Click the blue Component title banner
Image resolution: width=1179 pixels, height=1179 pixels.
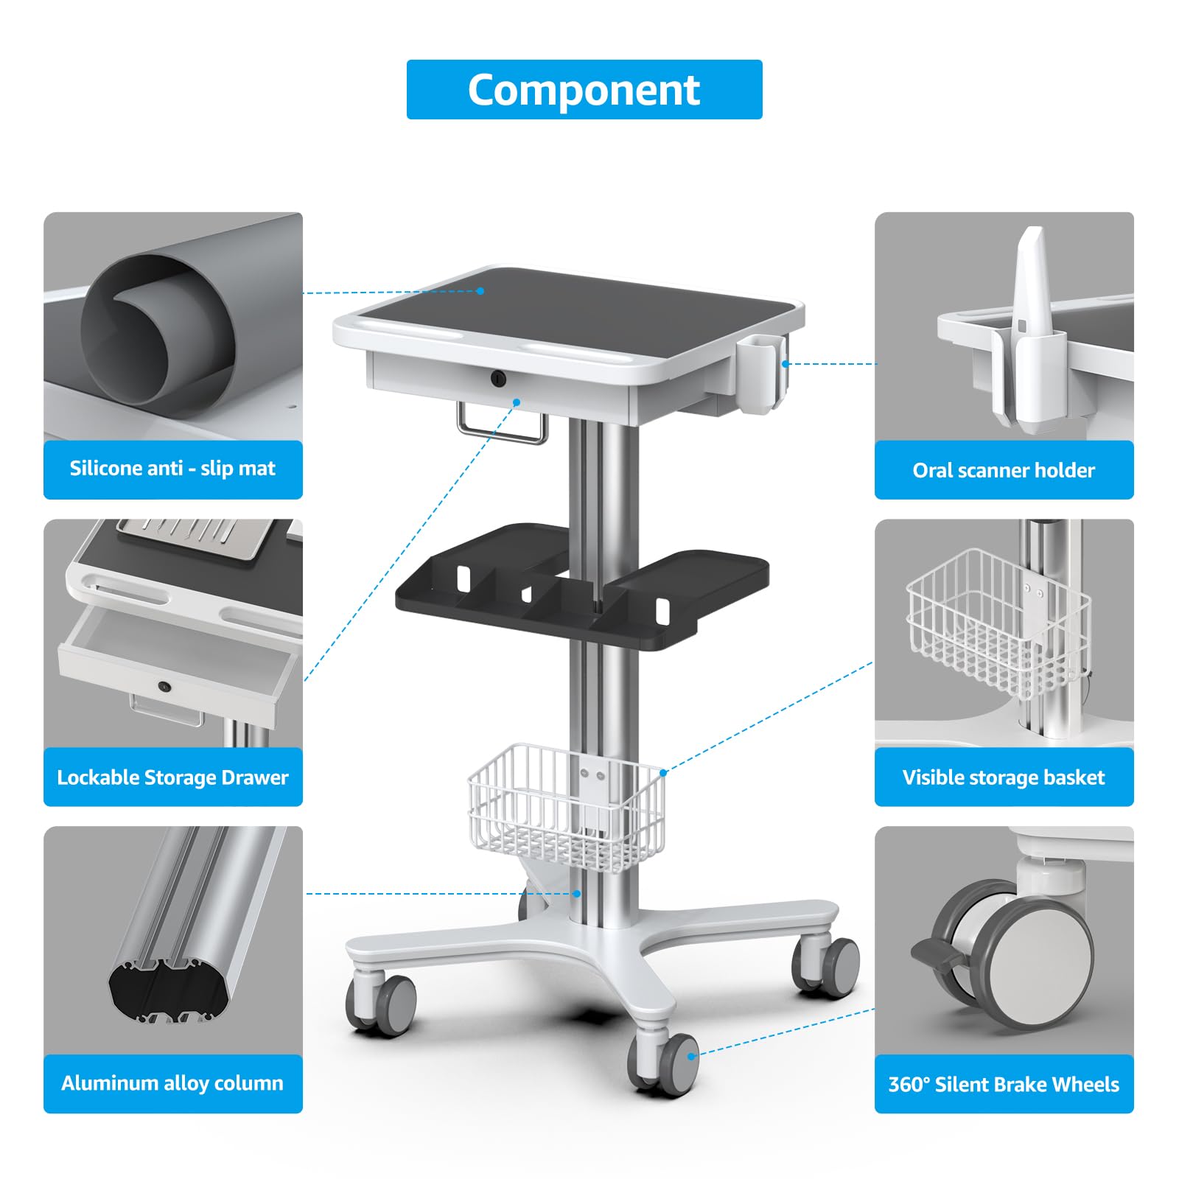click(584, 89)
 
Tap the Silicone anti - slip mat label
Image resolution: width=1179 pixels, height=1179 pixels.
click(173, 469)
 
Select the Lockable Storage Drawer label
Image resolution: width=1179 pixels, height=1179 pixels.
click(173, 777)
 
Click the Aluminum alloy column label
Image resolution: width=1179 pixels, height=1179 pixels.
click(173, 1083)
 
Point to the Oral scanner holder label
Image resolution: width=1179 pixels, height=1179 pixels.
click(1004, 469)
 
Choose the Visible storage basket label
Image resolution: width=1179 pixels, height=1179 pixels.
click(1004, 777)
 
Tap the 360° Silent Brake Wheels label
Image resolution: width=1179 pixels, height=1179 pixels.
click(1004, 1084)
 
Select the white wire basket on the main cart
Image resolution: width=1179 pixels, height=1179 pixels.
click(566, 807)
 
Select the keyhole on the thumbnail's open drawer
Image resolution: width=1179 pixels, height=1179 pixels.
click(164, 687)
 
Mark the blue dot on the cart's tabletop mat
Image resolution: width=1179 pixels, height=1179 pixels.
click(480, 291)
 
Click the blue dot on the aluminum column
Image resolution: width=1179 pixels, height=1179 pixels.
click(578, 894)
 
